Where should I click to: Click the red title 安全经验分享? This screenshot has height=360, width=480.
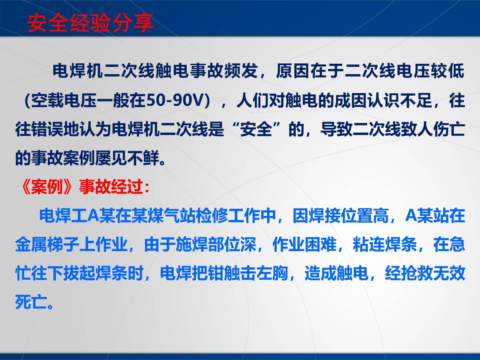90,23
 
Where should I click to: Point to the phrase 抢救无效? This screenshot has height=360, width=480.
424,274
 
